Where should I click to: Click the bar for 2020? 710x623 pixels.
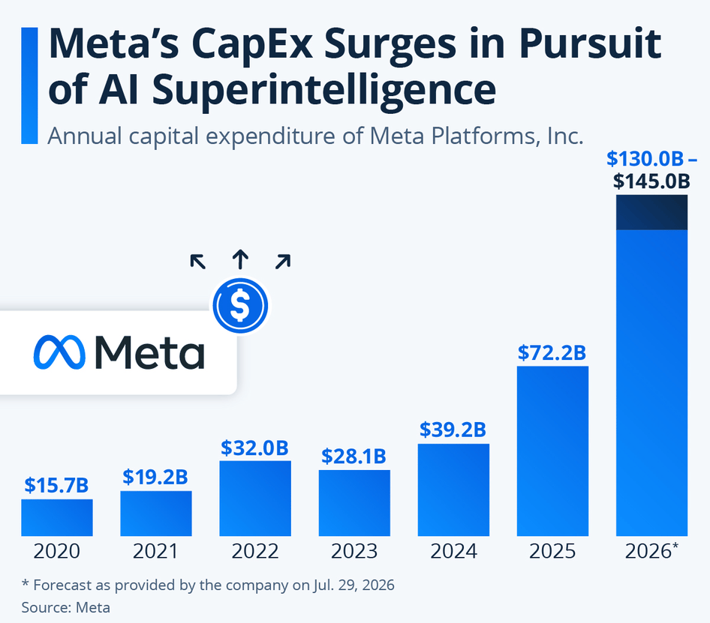pyautogui.click(x=57, y=517)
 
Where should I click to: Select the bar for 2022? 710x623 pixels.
pyautogui.click(x=255, y=499)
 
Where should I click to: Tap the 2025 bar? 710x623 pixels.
pyautogui.click(x=553, y=451)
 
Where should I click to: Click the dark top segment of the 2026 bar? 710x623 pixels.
pyautogui.click(x=652, y=213)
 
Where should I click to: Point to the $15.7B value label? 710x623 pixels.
pyautogui.click(x=56, y=485)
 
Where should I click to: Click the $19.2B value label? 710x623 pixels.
pyautogui.click(x=155, y=477)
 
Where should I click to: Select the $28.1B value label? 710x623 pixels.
pyautogui.click(x=353, y=456)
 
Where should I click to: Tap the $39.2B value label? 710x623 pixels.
pyautogui.click(x=453, y=430)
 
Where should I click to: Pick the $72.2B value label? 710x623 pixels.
pyautogui.click(x=552, y=352)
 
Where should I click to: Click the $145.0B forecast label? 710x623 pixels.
pyautogui.click(x=651, y=181)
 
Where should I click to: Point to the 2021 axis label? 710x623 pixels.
pyautogui.click(x=155, y=551)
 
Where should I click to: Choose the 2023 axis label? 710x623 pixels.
pyautogui.click(x=353, y=551)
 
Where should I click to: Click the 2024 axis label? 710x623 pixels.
pyautogui.click(x=453, y=551)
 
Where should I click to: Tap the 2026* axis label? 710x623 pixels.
pyautogui.click(x=652, y=550)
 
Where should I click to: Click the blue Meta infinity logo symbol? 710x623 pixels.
pyautogui.click(x=59, y=352)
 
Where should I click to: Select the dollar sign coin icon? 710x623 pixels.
pyautogui.click(x=240, y=305)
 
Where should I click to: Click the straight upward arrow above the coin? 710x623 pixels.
pyautogui.click(x=240, y=259)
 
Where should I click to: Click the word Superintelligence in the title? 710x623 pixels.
pyautogui.click(x=324, y=90)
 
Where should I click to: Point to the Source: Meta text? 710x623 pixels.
pyautogui.click(x=65, y=607)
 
